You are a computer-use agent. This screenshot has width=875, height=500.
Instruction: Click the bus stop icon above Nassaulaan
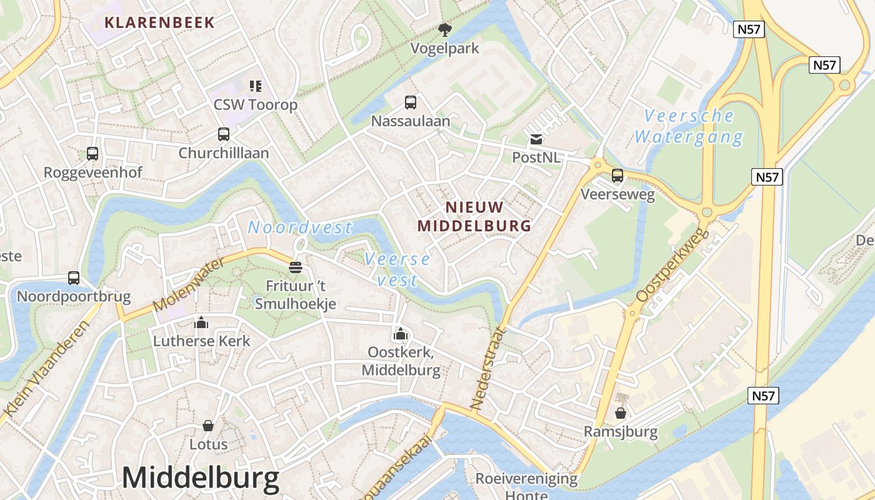tap(411, 102)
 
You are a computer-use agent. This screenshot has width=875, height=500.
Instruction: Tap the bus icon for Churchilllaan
tap(223, 134)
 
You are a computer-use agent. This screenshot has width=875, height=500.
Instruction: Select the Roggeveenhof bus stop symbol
tap(92, 154)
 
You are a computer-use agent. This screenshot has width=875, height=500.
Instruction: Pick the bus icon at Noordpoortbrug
tap(74, 278)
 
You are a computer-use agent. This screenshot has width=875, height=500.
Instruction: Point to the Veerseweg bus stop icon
tap(617, 176)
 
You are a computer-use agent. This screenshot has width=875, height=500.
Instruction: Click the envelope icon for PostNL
tap(536, 139)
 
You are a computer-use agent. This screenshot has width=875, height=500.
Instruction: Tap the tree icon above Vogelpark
tap(445, 29)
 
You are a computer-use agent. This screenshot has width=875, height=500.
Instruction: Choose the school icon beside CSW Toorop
tap(255, 86)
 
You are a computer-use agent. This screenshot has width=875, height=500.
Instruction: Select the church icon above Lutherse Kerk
tap(201, 322)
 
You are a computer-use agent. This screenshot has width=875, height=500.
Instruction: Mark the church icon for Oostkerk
tap(401, 334)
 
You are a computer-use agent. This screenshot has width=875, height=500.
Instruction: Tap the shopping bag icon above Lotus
tap(208, 426)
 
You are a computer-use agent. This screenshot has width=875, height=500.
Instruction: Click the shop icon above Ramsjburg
tap(621, 413)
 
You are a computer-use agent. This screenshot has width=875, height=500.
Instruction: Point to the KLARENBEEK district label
tap(159, 22)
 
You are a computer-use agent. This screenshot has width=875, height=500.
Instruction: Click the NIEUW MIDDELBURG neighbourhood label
tap(474, 216)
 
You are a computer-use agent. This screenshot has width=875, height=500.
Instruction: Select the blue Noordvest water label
tap(300, 227)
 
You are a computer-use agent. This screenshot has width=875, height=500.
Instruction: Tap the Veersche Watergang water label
tap(689, 126)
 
